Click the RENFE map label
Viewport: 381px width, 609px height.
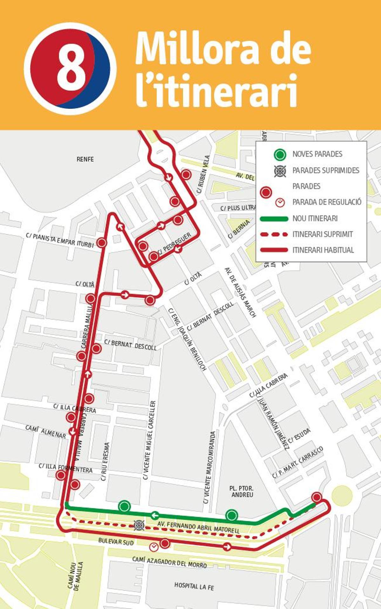point(85,159)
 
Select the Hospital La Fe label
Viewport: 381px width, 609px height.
point(194,586)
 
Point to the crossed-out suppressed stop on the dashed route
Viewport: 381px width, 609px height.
point(139,525)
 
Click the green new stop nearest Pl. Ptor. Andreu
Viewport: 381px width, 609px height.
point(232,515)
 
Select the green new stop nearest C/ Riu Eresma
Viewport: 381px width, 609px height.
point(124,506)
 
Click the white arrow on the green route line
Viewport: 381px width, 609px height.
point(155,514)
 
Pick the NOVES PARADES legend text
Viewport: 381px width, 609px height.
point(317,154)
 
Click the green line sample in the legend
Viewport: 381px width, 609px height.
point(274,219)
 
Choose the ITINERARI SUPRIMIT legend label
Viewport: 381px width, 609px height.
point(323,234)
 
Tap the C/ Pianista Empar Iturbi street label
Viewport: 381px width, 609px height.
point(60,240)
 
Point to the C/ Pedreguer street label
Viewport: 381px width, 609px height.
point(175,243)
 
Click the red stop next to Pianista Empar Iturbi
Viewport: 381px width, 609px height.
point(102,243)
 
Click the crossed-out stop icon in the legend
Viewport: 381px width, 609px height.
point(280,171)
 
